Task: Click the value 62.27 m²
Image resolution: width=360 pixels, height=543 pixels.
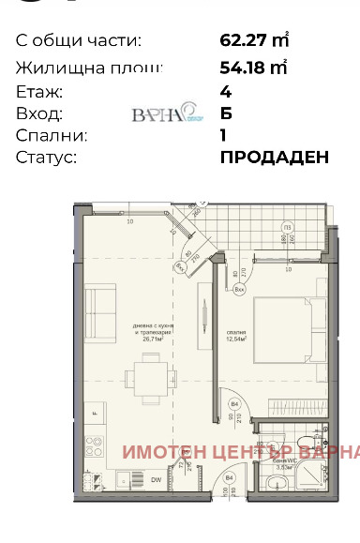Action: click(252, 40)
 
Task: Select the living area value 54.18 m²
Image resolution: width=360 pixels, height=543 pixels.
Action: click(252, 68)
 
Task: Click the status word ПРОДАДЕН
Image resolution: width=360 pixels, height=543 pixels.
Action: click(274, 157)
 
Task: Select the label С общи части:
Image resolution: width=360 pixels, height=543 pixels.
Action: click(79, 40)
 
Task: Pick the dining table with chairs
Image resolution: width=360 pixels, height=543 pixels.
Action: click(147, 377)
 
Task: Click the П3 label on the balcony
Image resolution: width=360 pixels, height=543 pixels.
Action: click(288, 228)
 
